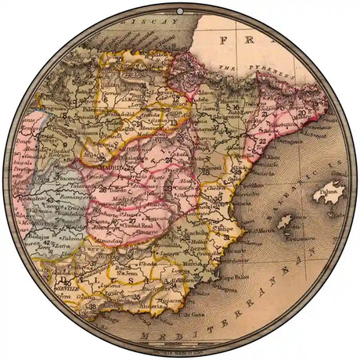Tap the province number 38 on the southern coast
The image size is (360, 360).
tap(94, 307)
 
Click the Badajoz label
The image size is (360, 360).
tap(41, 235)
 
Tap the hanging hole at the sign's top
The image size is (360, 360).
tap(180, 10)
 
